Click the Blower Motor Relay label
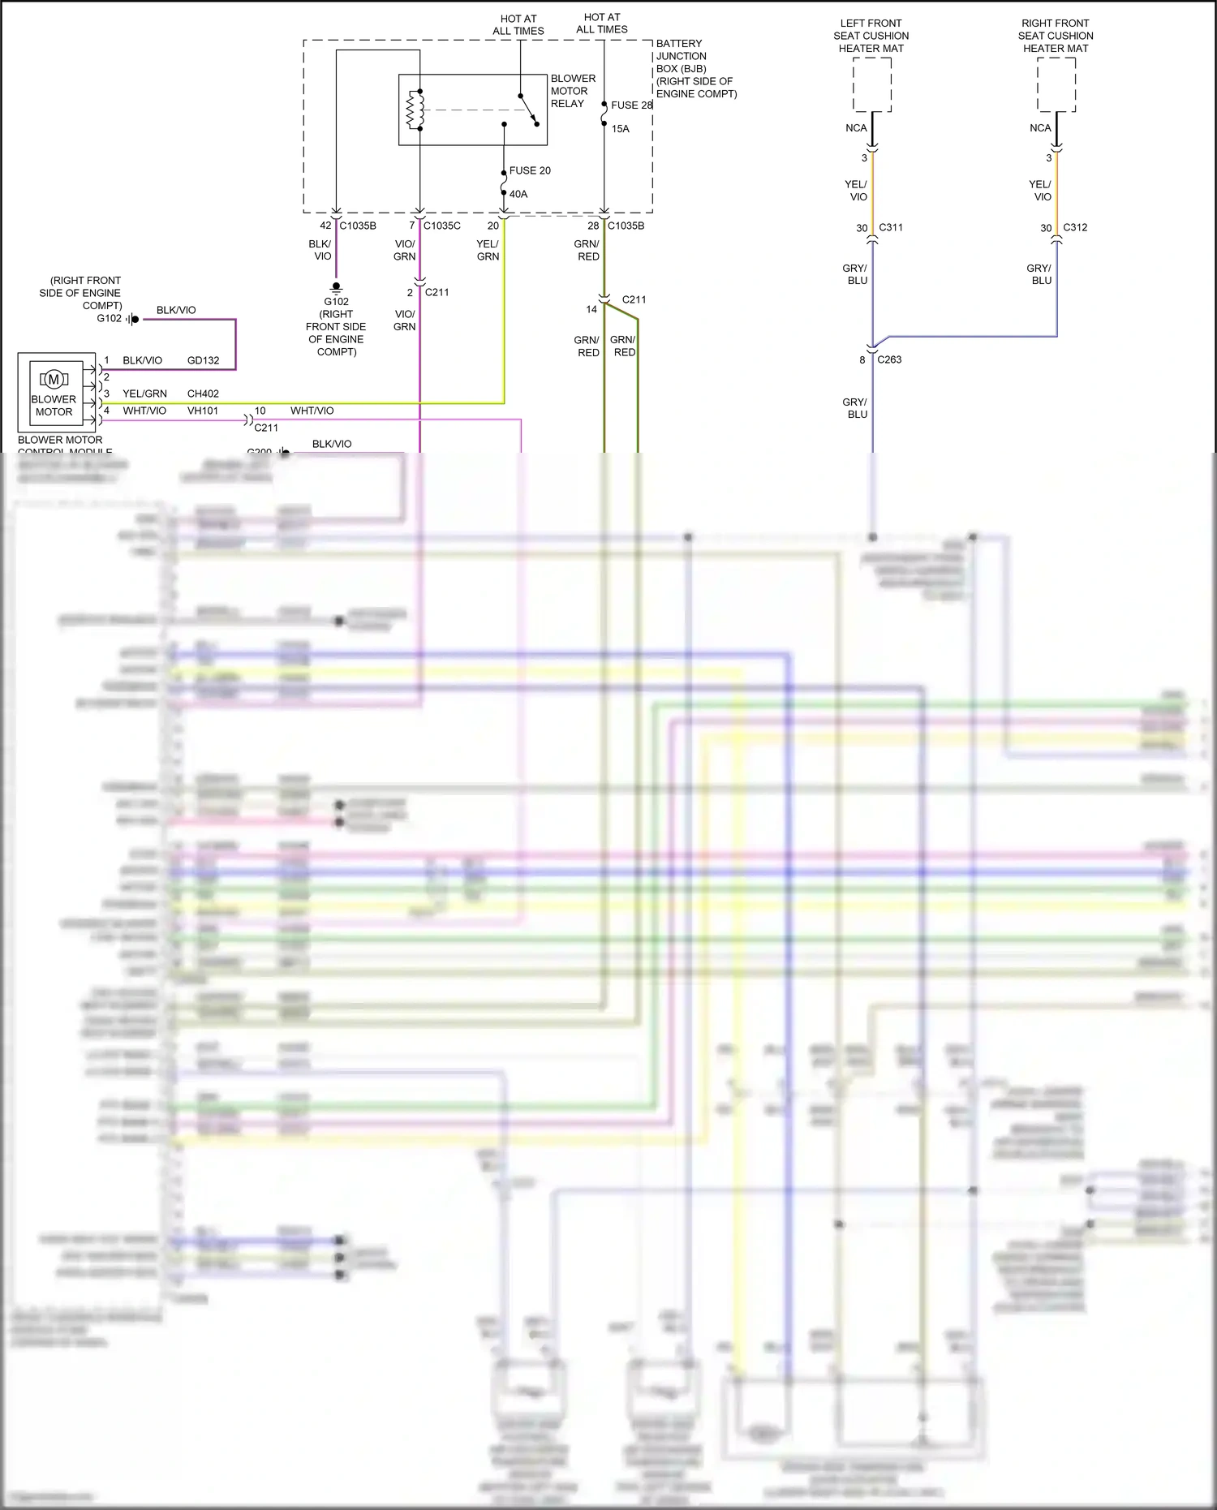[x=573, y=91]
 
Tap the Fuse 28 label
[x=631, y=105]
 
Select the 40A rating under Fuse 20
[x=518, y=194]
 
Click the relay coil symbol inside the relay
[x=415, y=110]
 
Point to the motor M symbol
[x=54, y=379]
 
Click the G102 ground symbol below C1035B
[x=336, y=287]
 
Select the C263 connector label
[x=889, y=359]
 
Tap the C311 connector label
[x=891, y=227]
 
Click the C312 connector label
[x=1075, y=227]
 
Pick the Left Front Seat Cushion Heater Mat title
[x=871, y=36]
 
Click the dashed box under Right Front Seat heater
[x=1056, y=84]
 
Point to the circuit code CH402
[x=203, y=394]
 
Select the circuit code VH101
[x=203, y=411]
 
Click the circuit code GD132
[x=203, y=360]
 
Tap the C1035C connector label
[x=441, y=226]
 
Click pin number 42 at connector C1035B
[x=325, y=226]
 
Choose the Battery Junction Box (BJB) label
[x=695, y=68]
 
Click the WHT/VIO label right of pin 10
[x=312, y=411]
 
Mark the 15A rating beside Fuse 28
[x=620, y=129]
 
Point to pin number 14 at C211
[x=591, y=309]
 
